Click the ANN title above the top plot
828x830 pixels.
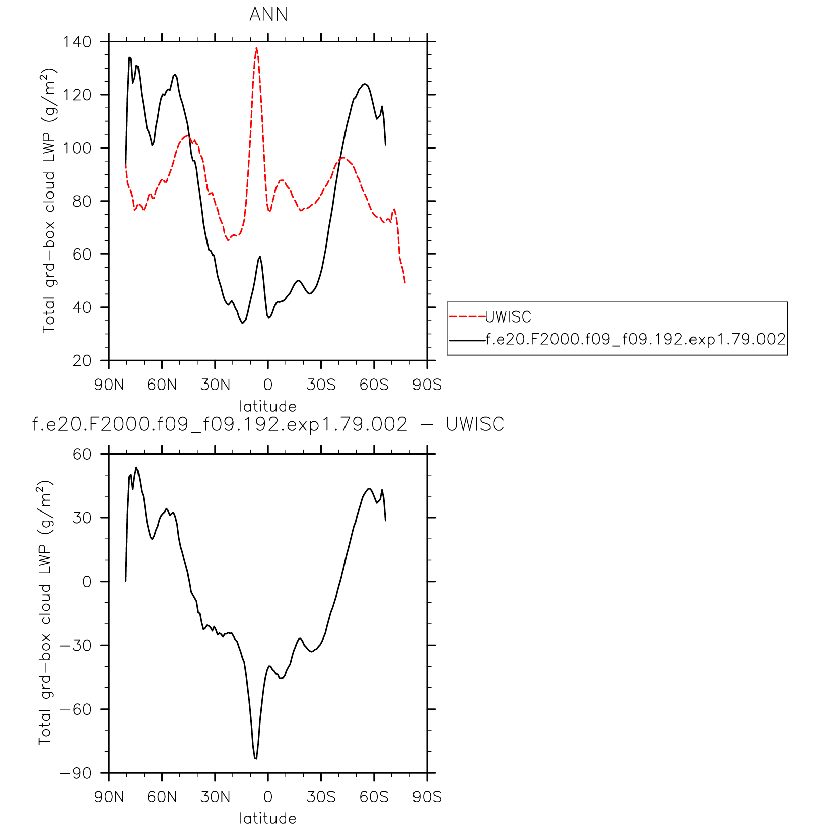[268, 14]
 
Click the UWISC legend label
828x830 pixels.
[508, 317]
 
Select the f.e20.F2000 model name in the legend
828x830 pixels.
[635, 339]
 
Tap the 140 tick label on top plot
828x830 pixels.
[77, 42]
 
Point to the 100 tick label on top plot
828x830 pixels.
[77, 148]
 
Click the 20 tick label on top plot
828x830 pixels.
[82, 361]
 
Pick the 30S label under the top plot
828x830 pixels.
[321, 385]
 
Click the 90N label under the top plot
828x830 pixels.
[109, 385]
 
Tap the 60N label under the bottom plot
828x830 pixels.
[162, 797]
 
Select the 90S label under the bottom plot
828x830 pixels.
[427, 797]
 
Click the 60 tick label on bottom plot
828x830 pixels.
[82, 454]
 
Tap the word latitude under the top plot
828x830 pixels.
[267, 406]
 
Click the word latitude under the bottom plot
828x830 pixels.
[267, 818]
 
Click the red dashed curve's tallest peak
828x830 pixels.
[256, 48]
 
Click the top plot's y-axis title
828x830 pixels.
[48, 201]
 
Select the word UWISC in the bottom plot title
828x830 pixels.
[475, 424]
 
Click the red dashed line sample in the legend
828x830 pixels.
[466, 317]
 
